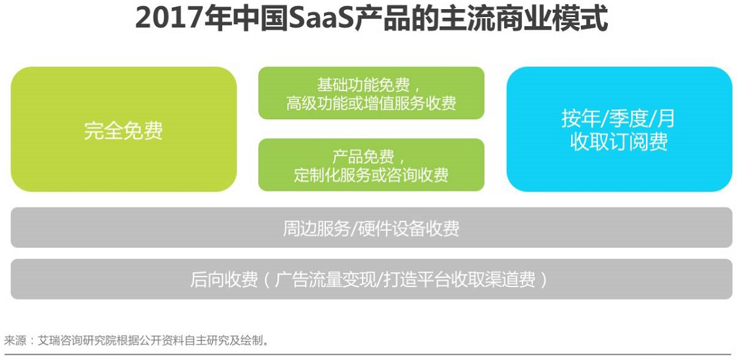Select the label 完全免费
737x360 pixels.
124,131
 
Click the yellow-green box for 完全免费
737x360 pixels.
124,129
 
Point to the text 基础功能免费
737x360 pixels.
363,85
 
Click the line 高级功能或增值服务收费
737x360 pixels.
371,103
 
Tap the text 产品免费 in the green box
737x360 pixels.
363,157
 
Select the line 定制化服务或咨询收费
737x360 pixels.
371,175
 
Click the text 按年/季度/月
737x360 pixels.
618,119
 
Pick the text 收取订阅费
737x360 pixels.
618,142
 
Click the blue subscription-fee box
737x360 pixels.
619,129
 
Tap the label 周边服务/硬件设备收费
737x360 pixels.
371,228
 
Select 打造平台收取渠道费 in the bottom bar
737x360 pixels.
459,280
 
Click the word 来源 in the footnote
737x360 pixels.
16,340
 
